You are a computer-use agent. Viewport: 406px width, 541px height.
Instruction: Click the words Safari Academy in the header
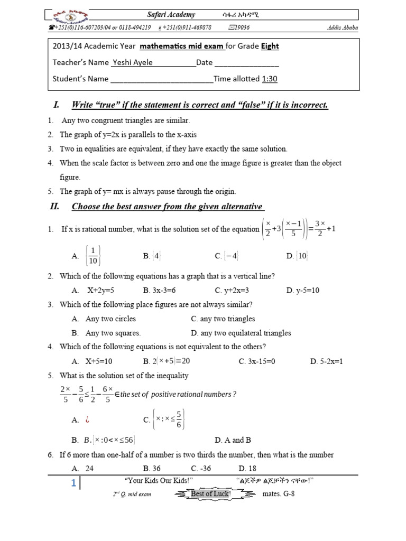coord(171,15)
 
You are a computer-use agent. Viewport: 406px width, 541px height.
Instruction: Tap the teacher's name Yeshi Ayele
coord(132,62)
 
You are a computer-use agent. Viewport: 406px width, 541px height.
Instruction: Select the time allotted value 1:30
coord(270,79)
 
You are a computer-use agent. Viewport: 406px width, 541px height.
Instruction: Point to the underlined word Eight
coord(270,46)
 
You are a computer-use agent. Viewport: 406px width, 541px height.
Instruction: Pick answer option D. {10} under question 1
coord(297,256)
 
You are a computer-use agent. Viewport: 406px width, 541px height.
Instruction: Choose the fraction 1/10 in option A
coord(93,256)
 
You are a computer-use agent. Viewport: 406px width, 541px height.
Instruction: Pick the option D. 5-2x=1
coord(326,361)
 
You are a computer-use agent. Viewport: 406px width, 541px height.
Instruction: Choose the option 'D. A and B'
coord(233,440)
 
